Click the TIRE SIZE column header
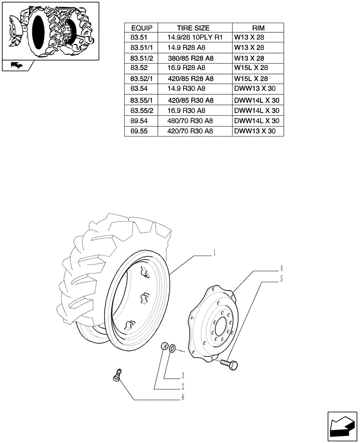(193, 27)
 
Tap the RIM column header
(258, 27)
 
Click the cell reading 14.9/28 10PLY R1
(193, 37)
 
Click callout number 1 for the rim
(214, 253)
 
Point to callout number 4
(281, 268)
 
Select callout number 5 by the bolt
(281, 279)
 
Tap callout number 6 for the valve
(182, 397)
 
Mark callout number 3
(182, 376)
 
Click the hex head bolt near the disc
(230, 364)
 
